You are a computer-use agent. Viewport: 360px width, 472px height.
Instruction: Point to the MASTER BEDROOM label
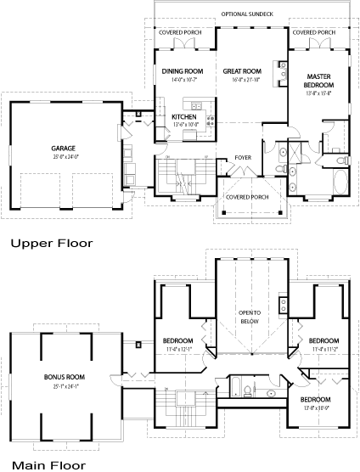(x=318, y=81)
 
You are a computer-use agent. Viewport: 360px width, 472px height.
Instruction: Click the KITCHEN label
(x=184, y=116)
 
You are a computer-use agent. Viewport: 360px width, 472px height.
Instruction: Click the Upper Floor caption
(x=51, y=243)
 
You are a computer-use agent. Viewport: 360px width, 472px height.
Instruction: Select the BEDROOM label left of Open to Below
(x=178, y=341)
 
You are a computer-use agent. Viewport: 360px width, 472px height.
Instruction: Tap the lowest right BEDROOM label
(x=315, y=399)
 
